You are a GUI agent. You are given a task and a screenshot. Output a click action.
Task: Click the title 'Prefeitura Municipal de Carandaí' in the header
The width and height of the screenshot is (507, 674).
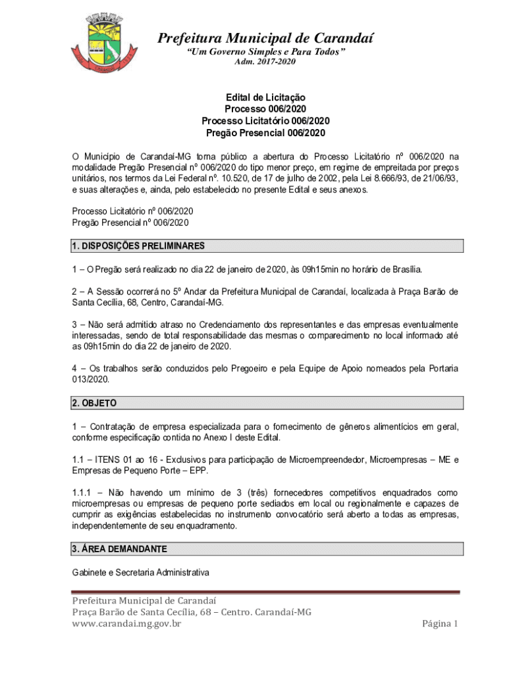pyautogui.click(x=265, y=39)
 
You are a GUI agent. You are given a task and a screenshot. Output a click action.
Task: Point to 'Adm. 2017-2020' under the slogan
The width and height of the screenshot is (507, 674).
pyautogui.click(x=265, y=62)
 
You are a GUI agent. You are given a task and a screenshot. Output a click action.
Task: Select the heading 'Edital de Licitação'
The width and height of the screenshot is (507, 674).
pyautogui.click(x=265, y=97)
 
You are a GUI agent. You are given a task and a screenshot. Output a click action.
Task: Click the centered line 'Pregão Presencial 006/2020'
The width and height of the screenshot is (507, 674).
pyautogui.click(x=265, y=133)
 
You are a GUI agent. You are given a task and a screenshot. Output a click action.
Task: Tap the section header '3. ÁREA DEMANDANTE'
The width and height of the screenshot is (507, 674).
pyautogui.click(x=119, y=549)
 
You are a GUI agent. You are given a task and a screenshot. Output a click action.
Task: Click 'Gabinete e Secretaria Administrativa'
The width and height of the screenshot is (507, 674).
pyautogui.click(x=140, y=573)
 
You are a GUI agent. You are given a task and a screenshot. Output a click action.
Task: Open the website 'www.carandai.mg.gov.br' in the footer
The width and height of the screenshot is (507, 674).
pyautogui.click(x=126, y=624)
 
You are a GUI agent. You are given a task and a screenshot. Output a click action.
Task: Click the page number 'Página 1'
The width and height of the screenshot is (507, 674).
pyautogui.click(x=440, y=624)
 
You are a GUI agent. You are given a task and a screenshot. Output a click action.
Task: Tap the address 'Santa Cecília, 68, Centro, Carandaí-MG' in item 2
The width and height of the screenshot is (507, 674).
pyautogui.click(x=147, y=303)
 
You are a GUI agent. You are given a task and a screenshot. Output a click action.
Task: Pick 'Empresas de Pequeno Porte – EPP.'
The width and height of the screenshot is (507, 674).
pyautogui.click(x=136, y=470)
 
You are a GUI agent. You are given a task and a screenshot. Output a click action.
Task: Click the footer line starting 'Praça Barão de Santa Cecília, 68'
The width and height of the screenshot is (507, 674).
pyautogui.click(x=192, y=612)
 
